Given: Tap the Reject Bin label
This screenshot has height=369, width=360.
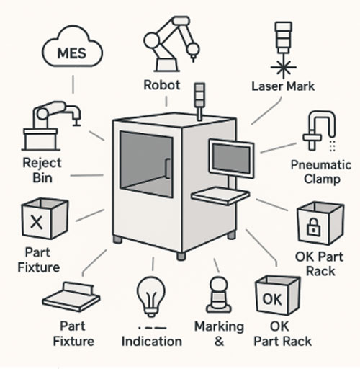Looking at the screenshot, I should click(x=42, y=170).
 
